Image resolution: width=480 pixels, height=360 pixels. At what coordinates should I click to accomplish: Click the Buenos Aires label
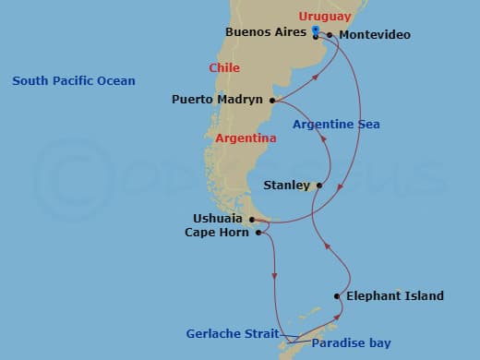[x=266, y=32]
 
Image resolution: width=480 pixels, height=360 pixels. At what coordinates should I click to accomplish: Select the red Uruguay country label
[x=325, y=17]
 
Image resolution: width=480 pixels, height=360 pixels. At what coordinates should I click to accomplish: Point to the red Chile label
[x=223, y=67]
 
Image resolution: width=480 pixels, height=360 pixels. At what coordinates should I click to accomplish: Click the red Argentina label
[x=246, y=138]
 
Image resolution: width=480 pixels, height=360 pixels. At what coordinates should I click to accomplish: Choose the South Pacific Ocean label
[x=74, y=81]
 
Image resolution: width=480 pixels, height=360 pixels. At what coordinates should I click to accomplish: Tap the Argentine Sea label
[x=336, y=125]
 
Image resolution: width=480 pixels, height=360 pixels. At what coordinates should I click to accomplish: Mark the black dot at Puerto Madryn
[x=272, y=100]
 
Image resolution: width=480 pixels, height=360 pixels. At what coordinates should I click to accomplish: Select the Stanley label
[x=286, y=186]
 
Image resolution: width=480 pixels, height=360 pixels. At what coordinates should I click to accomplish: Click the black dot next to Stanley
[x=319, y=186]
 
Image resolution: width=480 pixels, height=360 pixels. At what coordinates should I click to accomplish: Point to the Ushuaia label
[x=220, y=219]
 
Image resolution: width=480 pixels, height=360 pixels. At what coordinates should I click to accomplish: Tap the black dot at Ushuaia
[x=252, y=219]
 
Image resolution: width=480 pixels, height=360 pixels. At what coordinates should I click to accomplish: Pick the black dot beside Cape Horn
[x=259, y=234]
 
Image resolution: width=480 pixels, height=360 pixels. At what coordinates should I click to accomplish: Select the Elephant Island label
[x=394, y=296]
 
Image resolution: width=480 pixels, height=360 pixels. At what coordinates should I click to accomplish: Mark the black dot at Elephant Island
[x=338, y=296]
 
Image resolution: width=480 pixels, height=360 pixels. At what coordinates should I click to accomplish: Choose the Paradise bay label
[x=351, y=343]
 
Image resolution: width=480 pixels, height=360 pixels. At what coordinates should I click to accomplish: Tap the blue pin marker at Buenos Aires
[x=316, y=30]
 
